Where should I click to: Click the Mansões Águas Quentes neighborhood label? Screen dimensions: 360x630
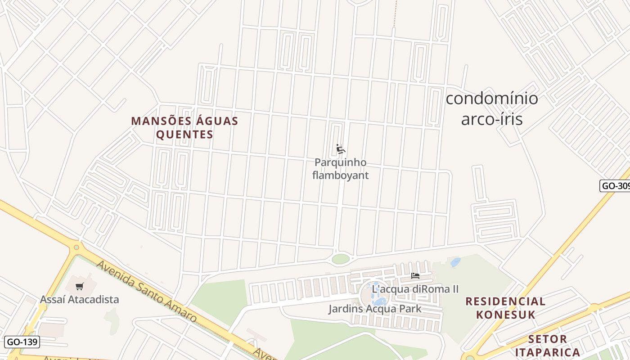pos(184,128)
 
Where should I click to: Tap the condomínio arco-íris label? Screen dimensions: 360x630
pos(491,108)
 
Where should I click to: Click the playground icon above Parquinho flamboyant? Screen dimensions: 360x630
pos(341,149)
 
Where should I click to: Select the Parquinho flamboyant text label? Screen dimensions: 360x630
pos(340,169)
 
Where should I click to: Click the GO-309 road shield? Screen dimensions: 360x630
pos(615,186)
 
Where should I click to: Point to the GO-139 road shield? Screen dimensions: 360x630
pos(22,342)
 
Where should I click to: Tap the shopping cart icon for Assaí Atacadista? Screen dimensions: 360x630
pos(80,286)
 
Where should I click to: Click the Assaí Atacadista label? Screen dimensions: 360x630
pos(79,299)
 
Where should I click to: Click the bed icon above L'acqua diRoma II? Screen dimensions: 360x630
pos(415,275)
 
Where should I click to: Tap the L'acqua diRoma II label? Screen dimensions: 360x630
pos(415,289)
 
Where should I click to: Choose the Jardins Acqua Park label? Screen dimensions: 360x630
pos(374,309)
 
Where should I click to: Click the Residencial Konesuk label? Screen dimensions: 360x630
pos(505,308)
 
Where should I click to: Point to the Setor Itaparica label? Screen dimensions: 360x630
pos(547,345)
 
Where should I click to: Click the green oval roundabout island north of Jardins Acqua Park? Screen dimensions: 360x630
pos(341,259)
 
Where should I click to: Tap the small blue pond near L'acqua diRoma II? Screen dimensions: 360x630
pos(455,262)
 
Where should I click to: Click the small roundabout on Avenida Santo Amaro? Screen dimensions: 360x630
pos(76,247)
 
